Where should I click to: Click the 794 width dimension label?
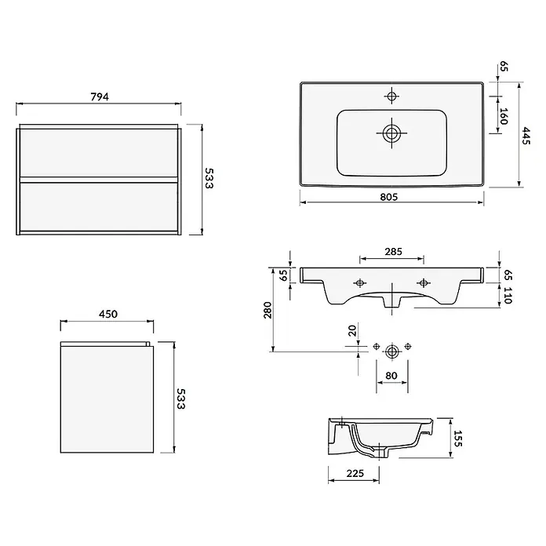pos(100,96)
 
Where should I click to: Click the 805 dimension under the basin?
pos(388,197)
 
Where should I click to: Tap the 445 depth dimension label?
pos(526,136)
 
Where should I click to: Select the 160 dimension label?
pos(504,116)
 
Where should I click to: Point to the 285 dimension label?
pos(394,251)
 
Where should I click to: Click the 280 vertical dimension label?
pos(268,310)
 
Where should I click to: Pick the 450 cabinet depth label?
pos(108,314)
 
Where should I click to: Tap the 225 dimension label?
pos(355,473)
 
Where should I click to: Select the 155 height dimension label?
pos(457,439)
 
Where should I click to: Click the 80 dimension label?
pos(391,376)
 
